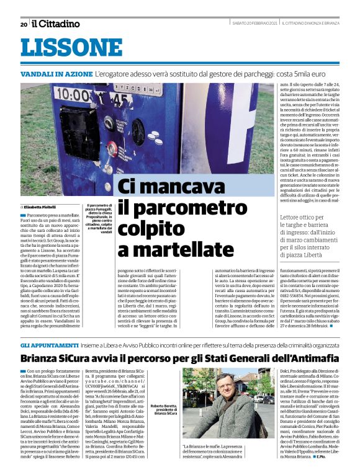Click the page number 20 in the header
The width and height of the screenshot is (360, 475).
[x=24, y=24]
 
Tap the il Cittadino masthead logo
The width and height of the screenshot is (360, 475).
[x=56, y=24]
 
